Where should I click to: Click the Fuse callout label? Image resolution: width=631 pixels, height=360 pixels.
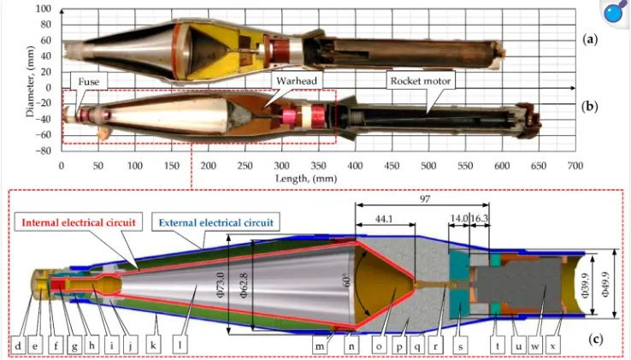point(89,81)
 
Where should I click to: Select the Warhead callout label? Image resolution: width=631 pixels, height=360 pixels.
point(296,80)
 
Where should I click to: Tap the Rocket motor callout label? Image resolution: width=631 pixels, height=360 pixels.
point(421,81)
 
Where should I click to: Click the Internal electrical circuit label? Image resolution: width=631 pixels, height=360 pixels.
point(79,222)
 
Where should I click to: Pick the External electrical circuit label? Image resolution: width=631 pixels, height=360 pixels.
point(215,222)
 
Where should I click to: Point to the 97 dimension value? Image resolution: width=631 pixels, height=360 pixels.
point(425,199)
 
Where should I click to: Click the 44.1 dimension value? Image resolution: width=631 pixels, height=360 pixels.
point(384,219)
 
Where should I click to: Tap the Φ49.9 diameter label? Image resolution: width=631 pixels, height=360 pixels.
point(605,283)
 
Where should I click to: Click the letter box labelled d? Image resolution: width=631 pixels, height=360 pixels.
point(18,345)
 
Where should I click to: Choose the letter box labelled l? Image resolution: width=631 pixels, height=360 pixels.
point(180,345)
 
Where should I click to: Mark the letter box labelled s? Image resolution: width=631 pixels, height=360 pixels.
point(460,345)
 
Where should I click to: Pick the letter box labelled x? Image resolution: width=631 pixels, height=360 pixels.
point(553,345)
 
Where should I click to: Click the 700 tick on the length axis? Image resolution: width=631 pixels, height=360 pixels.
point(575,166)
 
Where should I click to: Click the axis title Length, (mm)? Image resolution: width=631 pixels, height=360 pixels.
point(306,178)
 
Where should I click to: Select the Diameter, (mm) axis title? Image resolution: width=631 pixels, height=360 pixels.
point(30,81)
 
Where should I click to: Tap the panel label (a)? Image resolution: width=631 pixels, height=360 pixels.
point(590,39)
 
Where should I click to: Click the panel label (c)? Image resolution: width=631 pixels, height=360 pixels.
point(596,339)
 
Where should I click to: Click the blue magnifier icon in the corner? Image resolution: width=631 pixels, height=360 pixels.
point(616,11)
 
